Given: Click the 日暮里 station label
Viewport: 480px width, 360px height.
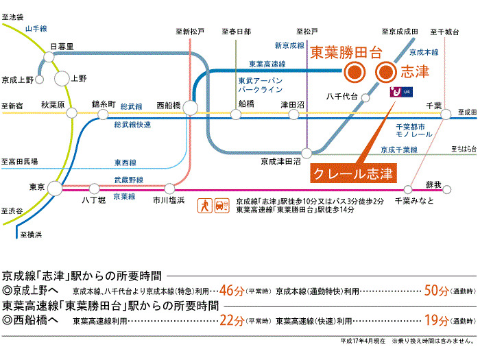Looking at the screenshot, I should (62, 47).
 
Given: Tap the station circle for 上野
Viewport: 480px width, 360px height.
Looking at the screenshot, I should (62, 79).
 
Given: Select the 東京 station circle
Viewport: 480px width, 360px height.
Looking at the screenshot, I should (54, 187).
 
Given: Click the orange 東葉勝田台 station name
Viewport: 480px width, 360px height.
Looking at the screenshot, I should (344, 51).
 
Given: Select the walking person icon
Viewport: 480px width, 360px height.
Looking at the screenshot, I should (204, 204).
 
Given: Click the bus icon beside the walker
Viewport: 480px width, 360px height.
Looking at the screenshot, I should (220, 205).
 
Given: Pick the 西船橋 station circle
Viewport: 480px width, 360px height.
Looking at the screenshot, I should (189, 108).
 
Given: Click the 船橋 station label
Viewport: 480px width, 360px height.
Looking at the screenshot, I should (246, 103).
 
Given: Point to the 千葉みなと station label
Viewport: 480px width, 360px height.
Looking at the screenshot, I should (413, 201).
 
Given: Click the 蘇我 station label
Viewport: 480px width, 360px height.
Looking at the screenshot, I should (433, 184).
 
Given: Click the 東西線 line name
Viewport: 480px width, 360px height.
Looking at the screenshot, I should (124, 163).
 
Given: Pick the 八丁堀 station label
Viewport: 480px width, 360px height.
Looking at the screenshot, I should (93, 200).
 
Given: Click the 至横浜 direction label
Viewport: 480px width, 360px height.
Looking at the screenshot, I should (31, 235).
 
